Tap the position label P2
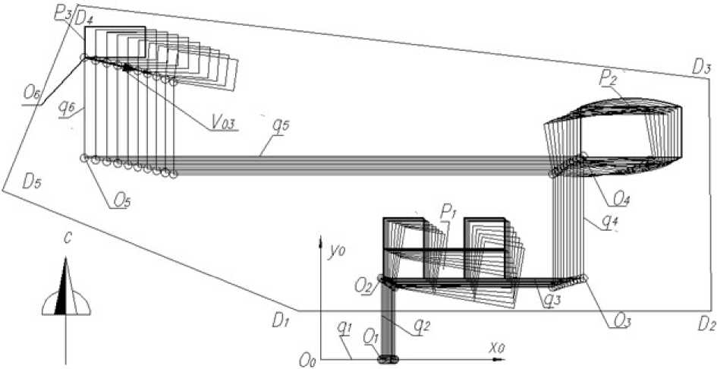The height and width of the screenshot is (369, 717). click(x=609, y=79)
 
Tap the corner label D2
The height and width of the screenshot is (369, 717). click(x=706, y=326)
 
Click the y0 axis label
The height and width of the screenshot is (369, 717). click(x=335, y=251)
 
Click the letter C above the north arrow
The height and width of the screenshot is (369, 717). click(x=68, y=241)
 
